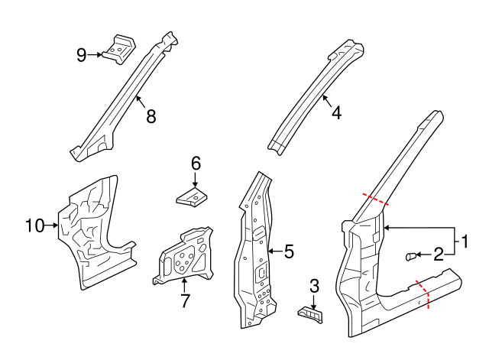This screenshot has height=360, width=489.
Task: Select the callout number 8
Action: [x=151, y=116]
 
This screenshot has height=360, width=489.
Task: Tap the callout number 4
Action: [x=336, y=112]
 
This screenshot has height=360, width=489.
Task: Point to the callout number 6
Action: [x=196, y=163]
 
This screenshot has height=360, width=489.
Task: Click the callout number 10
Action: [x=35, y=225]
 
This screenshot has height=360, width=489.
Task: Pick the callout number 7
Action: [x=184, y=300]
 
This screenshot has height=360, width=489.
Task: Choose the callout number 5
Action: [x=288, y=251]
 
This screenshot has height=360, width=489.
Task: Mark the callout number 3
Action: [x=314, y=287]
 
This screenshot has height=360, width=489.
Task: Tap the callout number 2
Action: [x=439, y=255]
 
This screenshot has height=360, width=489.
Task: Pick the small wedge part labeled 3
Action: [x=309, y=313]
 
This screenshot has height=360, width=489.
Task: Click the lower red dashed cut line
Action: [x=423, y=294]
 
